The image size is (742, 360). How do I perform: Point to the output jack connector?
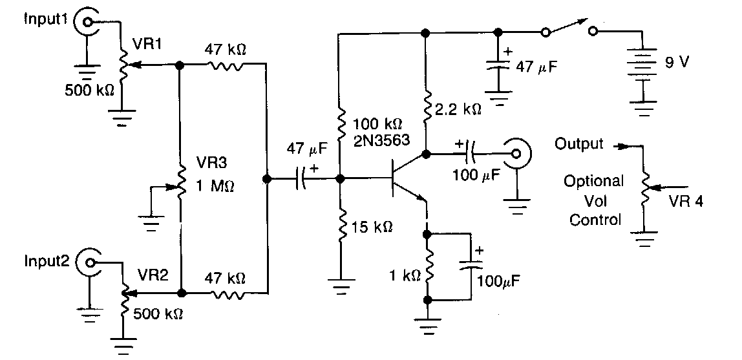click(x=516, y=154)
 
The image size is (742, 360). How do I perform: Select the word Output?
click(x=579, y=144)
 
